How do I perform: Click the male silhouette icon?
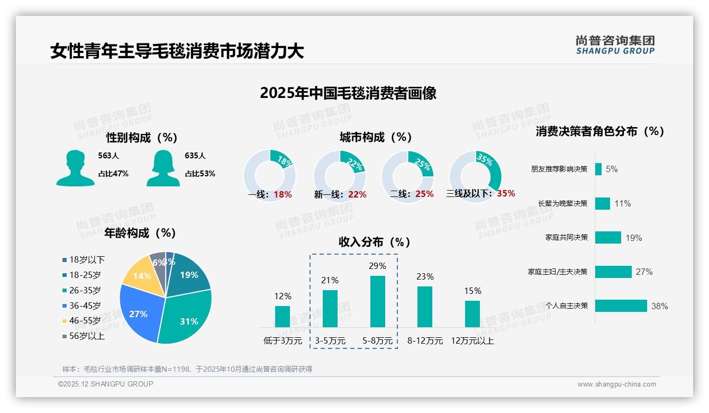[x=76, y=168]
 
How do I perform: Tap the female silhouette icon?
[x=163, y=168]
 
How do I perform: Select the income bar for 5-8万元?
[x=377, y=301]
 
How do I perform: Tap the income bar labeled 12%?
[x=283, y=317]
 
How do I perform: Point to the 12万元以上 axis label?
[x=472, y=341]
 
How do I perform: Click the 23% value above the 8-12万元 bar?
[x=425, y=276]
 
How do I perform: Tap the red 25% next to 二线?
[x=424, y=194]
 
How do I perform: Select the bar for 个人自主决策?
[x=621, y=306]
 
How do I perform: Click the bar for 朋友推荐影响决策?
[x=598, y=169]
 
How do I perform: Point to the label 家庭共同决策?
[x=566, y=238]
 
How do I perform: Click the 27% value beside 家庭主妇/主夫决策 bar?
[x=644, y=272]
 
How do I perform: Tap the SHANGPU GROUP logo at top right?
[x=615, y=45]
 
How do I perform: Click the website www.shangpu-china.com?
[x=616, y=384]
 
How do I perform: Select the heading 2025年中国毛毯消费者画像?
[x=348, y=93]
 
